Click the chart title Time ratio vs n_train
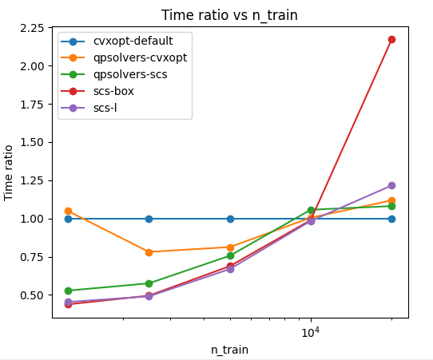(229, 15)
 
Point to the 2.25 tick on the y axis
(32, 28)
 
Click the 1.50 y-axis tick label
(32, 143)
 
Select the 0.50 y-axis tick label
(32, 295)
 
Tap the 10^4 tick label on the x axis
(311, 332)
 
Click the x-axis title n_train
(230, 350)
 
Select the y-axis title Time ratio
(8, 173)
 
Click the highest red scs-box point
(391, 39)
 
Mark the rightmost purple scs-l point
(391, 185)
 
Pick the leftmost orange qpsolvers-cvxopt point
(68, 212)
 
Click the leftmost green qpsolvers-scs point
(68, 291)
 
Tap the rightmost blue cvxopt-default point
(391, 220)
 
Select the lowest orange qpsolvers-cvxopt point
(149, 252)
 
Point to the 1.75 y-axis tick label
(32, 105)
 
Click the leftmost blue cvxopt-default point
(68, 220)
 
